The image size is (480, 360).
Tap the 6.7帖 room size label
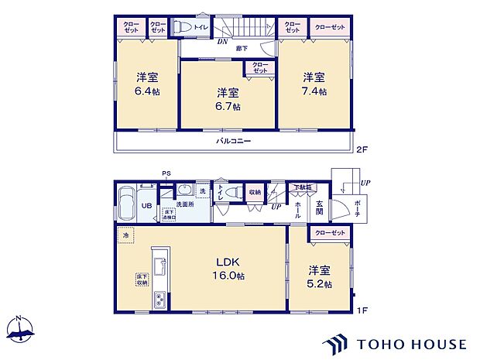click(x=227, y=105)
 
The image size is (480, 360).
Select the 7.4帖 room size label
click(x=314, y=91)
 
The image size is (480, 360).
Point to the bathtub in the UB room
click(x=125, y=205)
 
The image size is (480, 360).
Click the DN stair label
click(x=221, y=43)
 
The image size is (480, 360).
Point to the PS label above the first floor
click(x=165, y=173)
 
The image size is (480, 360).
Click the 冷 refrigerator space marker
click(x=125, y=234)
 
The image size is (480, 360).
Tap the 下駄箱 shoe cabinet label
click(x=303, y=187)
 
